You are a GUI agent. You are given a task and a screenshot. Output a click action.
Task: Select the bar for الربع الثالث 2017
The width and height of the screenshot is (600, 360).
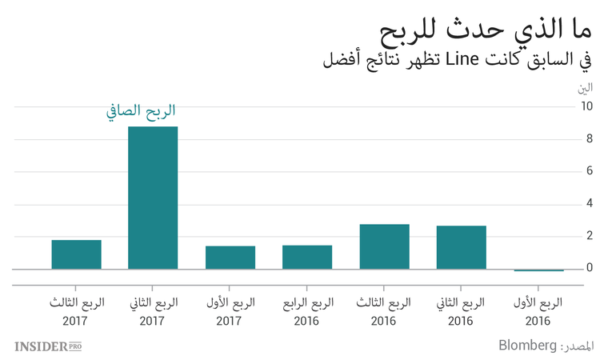tap(76, 254)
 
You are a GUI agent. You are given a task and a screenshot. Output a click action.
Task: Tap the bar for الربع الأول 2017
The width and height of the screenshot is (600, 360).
tap(230, 258)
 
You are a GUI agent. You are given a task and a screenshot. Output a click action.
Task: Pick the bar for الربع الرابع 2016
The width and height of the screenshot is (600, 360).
tap(307, 257)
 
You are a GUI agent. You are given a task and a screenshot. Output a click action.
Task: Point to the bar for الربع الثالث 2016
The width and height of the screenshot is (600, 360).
tap(384, 246)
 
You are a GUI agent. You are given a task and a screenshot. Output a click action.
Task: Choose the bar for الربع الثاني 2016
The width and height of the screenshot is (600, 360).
tap(462, 247)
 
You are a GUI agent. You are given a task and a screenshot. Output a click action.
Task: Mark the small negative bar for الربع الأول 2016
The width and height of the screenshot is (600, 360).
tap(538, 270)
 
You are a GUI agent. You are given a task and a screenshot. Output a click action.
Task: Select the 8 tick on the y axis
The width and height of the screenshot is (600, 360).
tap(589, 138)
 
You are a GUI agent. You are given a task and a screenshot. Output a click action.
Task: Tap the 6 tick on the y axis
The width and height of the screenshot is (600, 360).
tap(589, 171)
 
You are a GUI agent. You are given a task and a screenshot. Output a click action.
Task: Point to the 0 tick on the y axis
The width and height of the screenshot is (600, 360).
tap(589, 268)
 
